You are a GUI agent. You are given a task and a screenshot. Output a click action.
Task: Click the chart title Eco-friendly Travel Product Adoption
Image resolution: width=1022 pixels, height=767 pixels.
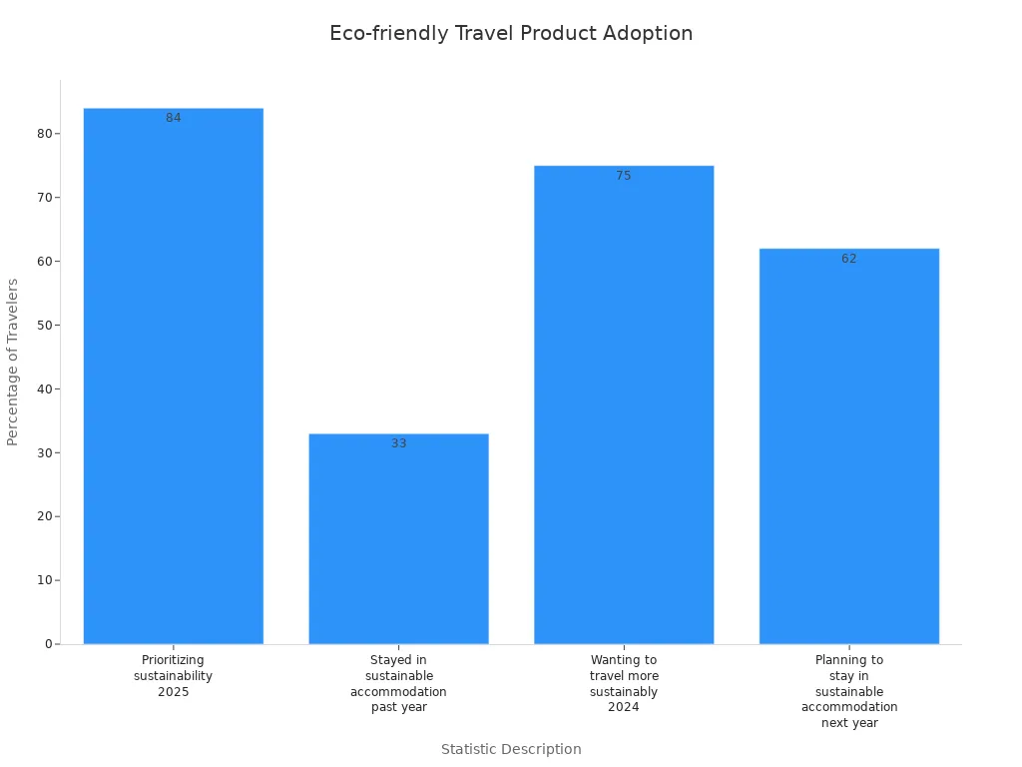click(x=511, y=33)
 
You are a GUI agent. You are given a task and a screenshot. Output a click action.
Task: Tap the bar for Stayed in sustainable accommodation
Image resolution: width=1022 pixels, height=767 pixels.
click(x=398, y=538)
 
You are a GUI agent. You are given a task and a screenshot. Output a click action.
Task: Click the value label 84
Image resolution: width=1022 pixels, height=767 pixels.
click(x=174, y=118)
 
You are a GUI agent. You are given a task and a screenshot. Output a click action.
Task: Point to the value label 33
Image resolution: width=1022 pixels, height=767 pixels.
click(x=398, y=443)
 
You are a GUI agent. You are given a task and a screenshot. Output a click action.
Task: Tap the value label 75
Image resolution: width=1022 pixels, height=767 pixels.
click(x=624, y=176)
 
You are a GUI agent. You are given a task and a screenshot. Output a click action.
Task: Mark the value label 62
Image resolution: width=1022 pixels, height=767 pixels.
click(x=849, y=259)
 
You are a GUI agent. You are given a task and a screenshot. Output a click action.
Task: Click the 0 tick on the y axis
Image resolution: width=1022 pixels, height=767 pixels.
click(x=48, y=644)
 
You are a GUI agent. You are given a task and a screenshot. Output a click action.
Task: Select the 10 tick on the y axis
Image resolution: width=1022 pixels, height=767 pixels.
click(x=45, y=580)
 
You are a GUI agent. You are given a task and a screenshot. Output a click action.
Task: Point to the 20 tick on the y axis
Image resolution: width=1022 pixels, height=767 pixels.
click(x=45, y=516)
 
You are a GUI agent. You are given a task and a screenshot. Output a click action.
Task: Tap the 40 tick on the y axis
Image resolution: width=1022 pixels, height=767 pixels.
click(x=45, y=388)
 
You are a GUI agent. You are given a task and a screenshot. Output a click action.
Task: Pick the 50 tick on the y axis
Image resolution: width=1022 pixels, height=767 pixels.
click(x=45, y=325)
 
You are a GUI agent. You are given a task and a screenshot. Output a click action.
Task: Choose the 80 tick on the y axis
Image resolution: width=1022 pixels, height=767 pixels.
click(x=45, y=134)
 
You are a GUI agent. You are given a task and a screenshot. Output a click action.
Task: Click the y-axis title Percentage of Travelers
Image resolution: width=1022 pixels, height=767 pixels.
click(x=13, y=362)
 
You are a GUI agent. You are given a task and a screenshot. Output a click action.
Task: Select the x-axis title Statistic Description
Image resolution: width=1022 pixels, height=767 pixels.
click(x=511, y=749)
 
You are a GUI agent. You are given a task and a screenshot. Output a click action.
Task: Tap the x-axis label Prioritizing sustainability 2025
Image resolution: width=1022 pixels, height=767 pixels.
click(x=174, y=676)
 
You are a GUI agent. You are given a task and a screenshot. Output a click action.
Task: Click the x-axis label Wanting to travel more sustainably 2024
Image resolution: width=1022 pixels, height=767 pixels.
click(x=624, y=684)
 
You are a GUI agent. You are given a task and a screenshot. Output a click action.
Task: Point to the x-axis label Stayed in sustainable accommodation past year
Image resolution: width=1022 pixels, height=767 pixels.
click(x=398, y=684)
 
